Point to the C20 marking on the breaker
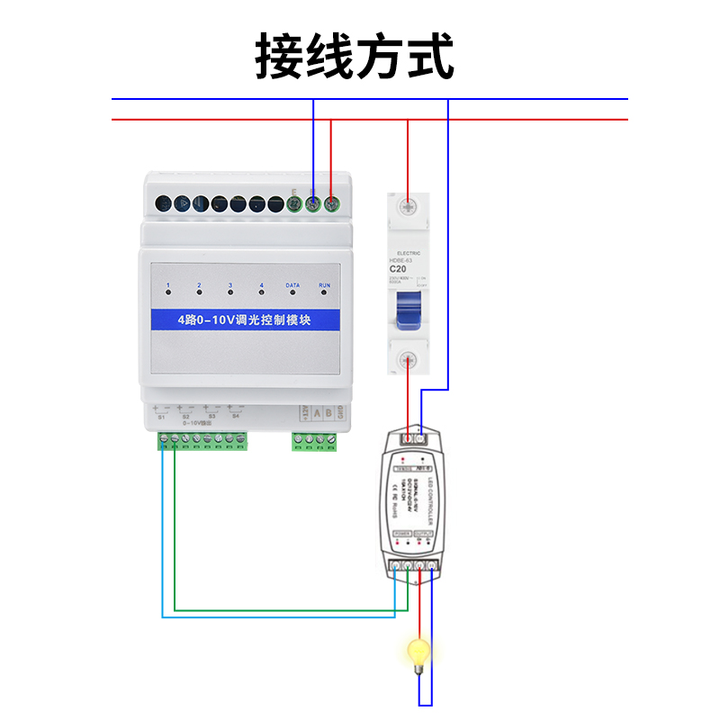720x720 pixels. [399, 268]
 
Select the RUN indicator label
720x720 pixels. [326, 285]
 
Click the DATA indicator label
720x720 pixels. [292, 285]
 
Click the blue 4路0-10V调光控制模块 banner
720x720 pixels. [245, 319]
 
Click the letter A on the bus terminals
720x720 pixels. [315, 413]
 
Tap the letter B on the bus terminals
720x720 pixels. [328, 413]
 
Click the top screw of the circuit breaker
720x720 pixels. [408, 206]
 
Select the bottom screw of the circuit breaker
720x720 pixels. [408, 358]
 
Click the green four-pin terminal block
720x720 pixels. [314, 440]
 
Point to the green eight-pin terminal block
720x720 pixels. [202, 440]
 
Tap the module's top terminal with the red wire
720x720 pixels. [331, 205]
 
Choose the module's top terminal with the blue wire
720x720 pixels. [313, 205]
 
